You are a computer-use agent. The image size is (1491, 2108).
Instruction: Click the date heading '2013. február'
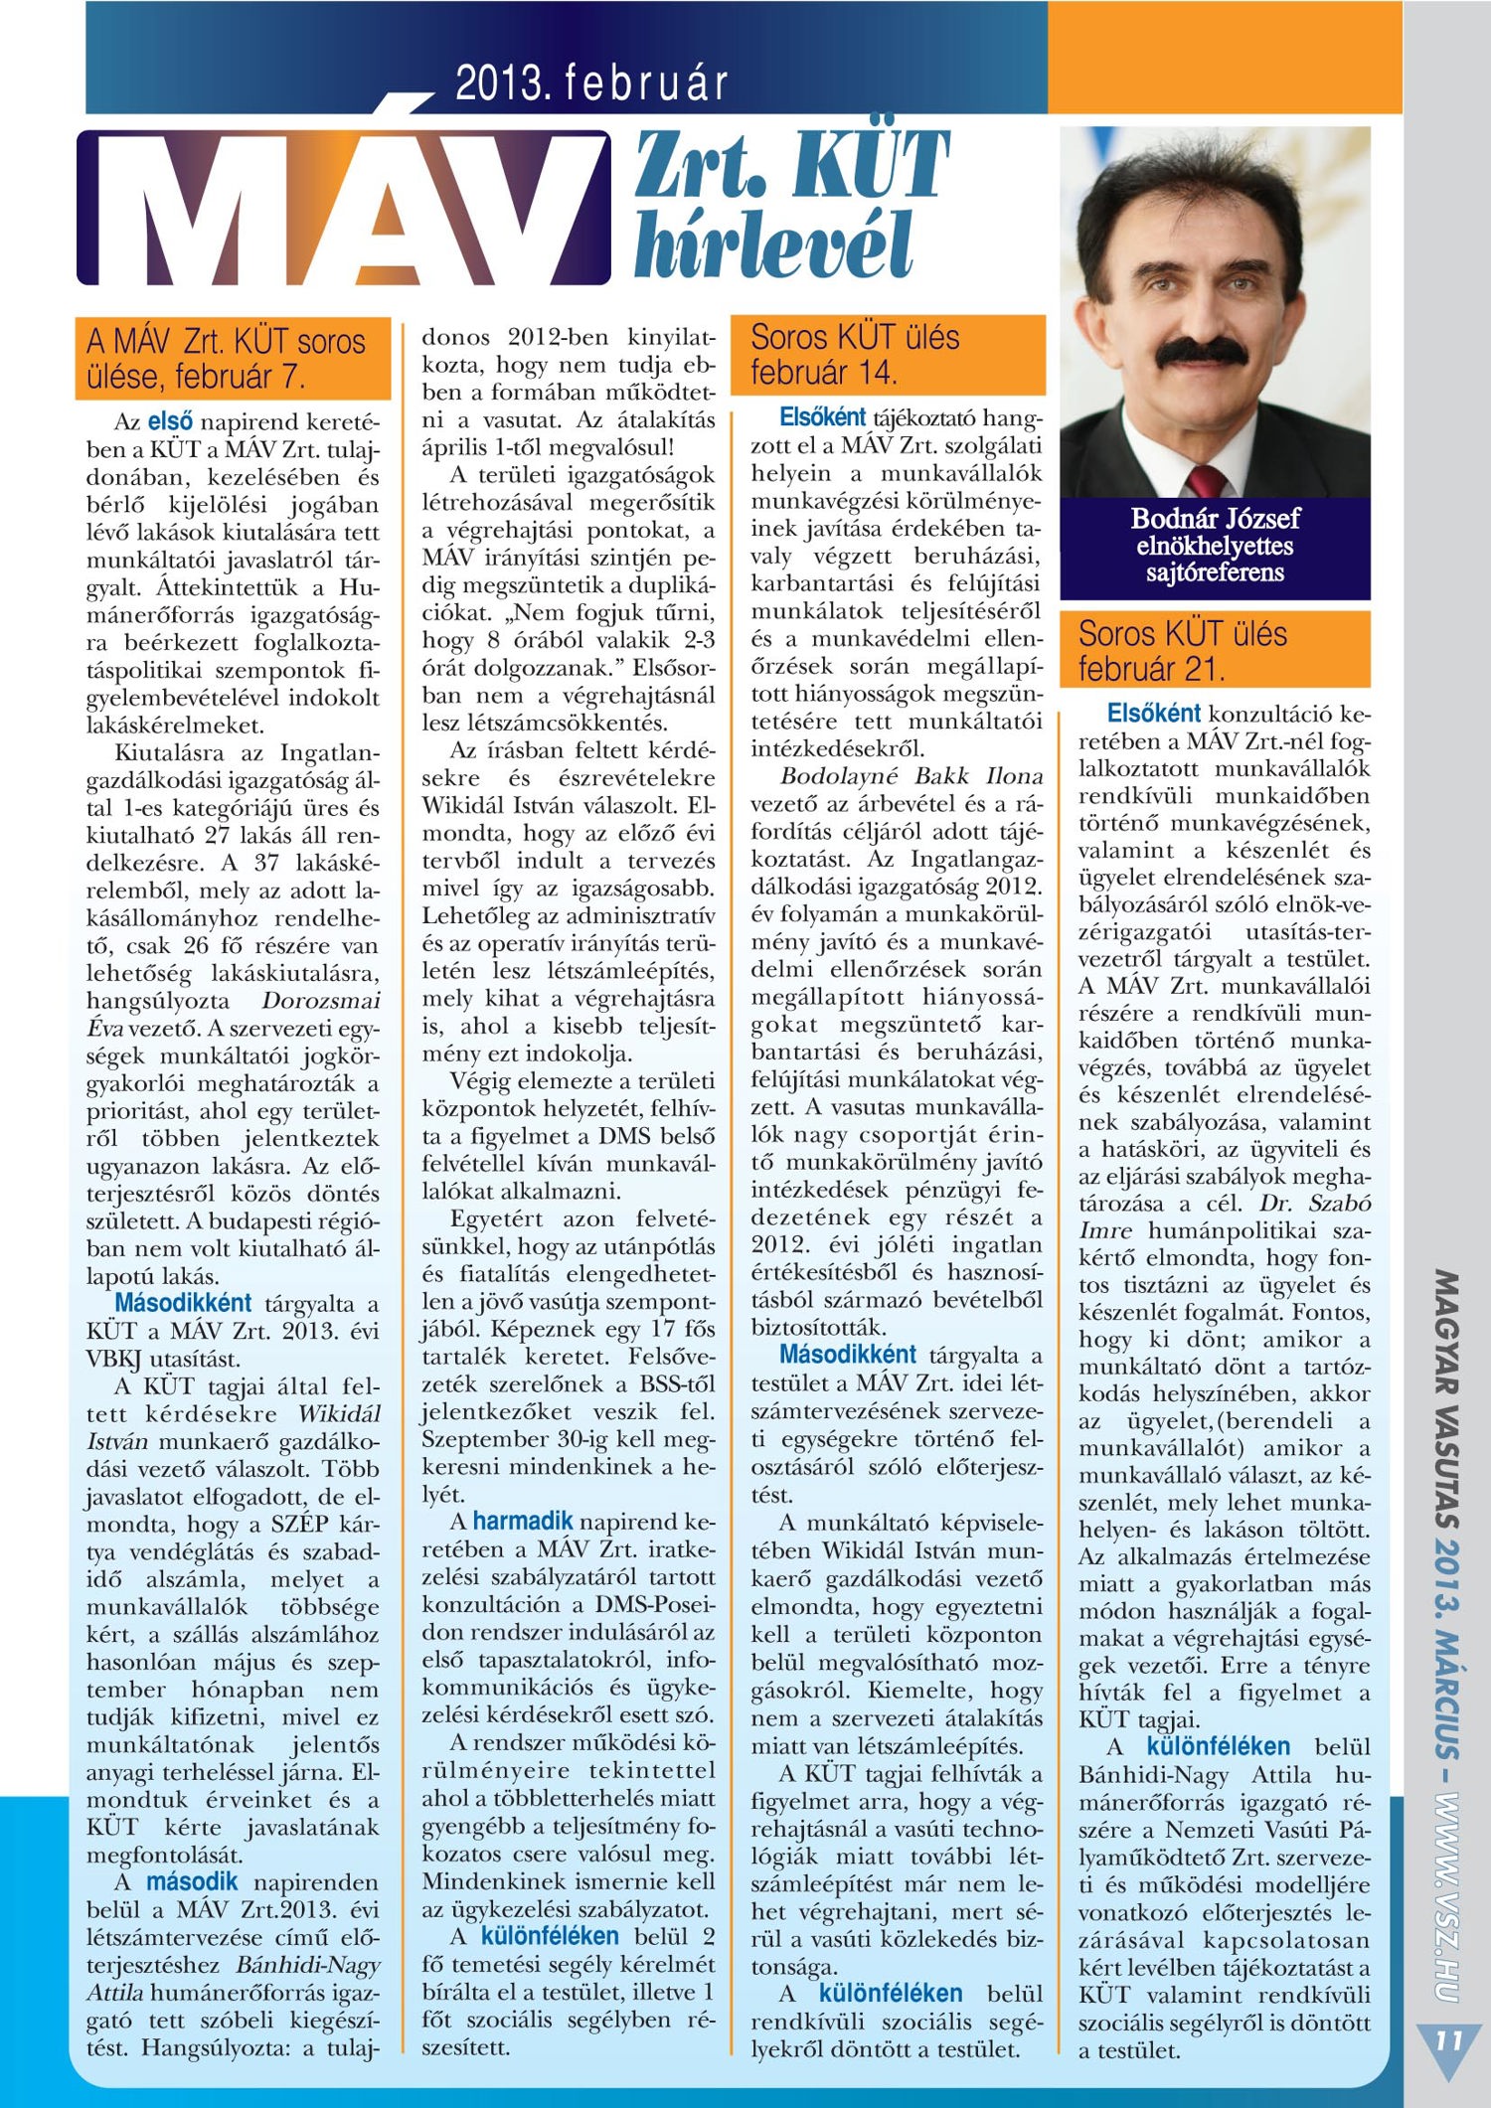[x=591, y=83]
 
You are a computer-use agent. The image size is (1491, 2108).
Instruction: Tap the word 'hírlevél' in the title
[x=772, y=244]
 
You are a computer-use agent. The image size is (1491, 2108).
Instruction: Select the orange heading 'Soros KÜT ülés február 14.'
[x=887, y=355]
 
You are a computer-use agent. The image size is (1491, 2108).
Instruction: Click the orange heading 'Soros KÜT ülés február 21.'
[x=1214, y=651]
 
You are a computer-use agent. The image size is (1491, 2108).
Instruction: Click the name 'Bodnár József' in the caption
[x=1215, y=518]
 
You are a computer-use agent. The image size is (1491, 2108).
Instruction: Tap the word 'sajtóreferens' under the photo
[x=1215, y=572]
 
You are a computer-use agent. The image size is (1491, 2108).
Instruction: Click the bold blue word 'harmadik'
[x=523, y=1521]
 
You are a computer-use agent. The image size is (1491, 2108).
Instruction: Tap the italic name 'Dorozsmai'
[x=321, y=1001]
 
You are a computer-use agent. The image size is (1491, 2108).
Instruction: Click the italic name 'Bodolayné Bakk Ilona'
[x=911, y=776]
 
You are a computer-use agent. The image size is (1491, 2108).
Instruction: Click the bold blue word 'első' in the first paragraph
[x=170, y=420]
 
